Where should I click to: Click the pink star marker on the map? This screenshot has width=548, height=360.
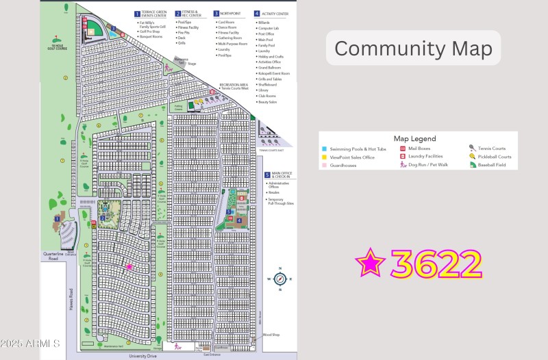pos(128,267)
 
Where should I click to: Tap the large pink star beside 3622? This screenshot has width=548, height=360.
pos(371,263)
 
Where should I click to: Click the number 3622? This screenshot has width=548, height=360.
pos(436,264)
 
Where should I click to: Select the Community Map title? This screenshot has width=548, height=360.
pos(412,49)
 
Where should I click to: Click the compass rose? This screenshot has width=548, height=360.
pos(279,279)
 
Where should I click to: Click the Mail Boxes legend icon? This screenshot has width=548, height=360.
pos(403,149)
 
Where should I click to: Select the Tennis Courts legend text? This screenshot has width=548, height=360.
pos(492,149)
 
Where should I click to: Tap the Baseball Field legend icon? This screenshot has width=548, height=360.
pos(473,165)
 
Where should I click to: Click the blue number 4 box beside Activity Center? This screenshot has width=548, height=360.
pos(256,13)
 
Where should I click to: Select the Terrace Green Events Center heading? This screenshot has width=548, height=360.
pos(153,13)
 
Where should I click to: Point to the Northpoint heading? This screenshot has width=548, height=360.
pos(229,13)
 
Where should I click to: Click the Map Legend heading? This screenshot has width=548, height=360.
pos(414,138)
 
